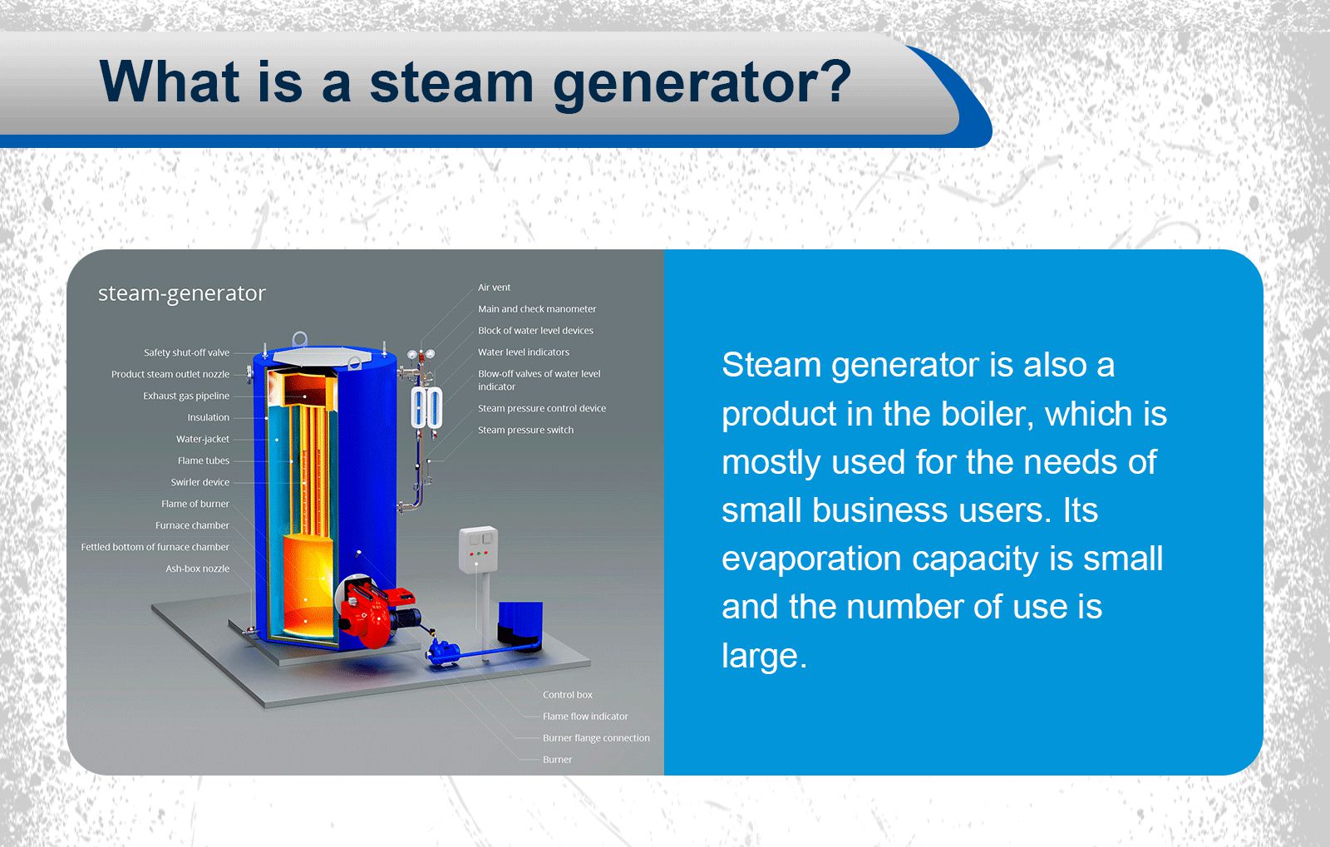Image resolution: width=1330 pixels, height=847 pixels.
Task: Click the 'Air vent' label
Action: [x=494, y=288]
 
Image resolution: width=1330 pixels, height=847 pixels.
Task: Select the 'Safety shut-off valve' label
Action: [x=186, y=352]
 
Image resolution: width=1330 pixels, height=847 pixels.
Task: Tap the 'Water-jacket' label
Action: [x=202, y=439]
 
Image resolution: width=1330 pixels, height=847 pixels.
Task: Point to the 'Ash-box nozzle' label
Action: [x=197, y=569]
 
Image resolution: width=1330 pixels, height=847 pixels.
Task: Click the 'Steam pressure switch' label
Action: [x=525, y=430]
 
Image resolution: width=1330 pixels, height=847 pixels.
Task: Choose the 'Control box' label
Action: [x=567, y=695]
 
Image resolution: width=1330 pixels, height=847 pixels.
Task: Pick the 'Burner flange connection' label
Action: [x=596, y=738]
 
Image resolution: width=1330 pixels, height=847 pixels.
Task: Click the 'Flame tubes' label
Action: [x=203, y=460]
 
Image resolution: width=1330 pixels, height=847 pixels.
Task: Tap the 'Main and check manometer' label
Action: [x=537, y=309]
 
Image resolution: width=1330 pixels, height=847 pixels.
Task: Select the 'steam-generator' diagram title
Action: [x=181, y=293]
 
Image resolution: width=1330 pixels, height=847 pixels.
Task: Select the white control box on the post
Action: [x=478, y=549]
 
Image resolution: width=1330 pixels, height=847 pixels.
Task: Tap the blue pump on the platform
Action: [x=444, y=652]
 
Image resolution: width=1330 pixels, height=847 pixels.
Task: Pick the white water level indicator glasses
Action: [x=426, y=408]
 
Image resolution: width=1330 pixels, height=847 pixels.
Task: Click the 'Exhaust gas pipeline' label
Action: [x=185, y=396]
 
